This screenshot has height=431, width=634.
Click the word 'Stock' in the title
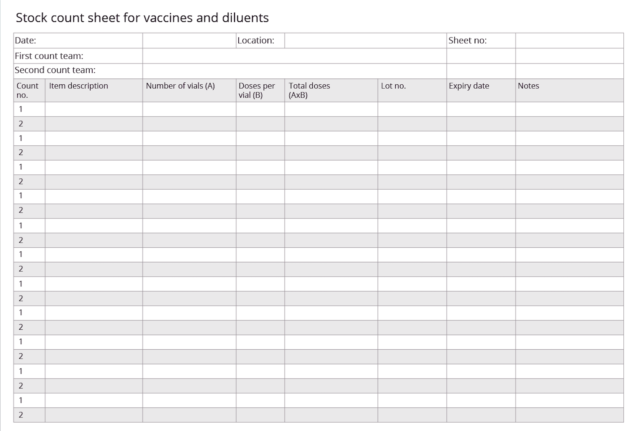tap(32, 18)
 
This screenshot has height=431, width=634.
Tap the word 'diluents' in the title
tap(245, 18)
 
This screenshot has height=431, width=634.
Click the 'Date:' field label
tap(26, 41)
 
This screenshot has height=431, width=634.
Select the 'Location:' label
tap(256, 41)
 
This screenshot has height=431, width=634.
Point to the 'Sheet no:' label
tap(467, 41)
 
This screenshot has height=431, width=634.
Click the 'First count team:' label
tap(49, 56)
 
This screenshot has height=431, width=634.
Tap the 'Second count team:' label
tap(55, 70)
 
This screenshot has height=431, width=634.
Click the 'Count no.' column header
tap(27, 90)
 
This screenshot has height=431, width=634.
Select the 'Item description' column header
tap(79, 86)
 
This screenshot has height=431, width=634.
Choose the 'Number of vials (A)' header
tap(180, 86)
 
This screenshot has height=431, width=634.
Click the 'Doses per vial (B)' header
tap(257, 90)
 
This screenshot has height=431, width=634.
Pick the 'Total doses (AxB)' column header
tap(309, 90)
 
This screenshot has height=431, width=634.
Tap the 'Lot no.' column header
tap(393, 86)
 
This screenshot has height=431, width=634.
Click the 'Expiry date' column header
tap(469, 86)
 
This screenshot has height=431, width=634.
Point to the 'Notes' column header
tap(528, 86)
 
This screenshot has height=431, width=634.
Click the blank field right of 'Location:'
tap(365, 41)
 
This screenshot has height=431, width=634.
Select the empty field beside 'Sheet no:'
tap(569, 41)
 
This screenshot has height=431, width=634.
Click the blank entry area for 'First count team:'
tap(294, 56)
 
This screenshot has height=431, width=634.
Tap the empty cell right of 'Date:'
tap(189, 41)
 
